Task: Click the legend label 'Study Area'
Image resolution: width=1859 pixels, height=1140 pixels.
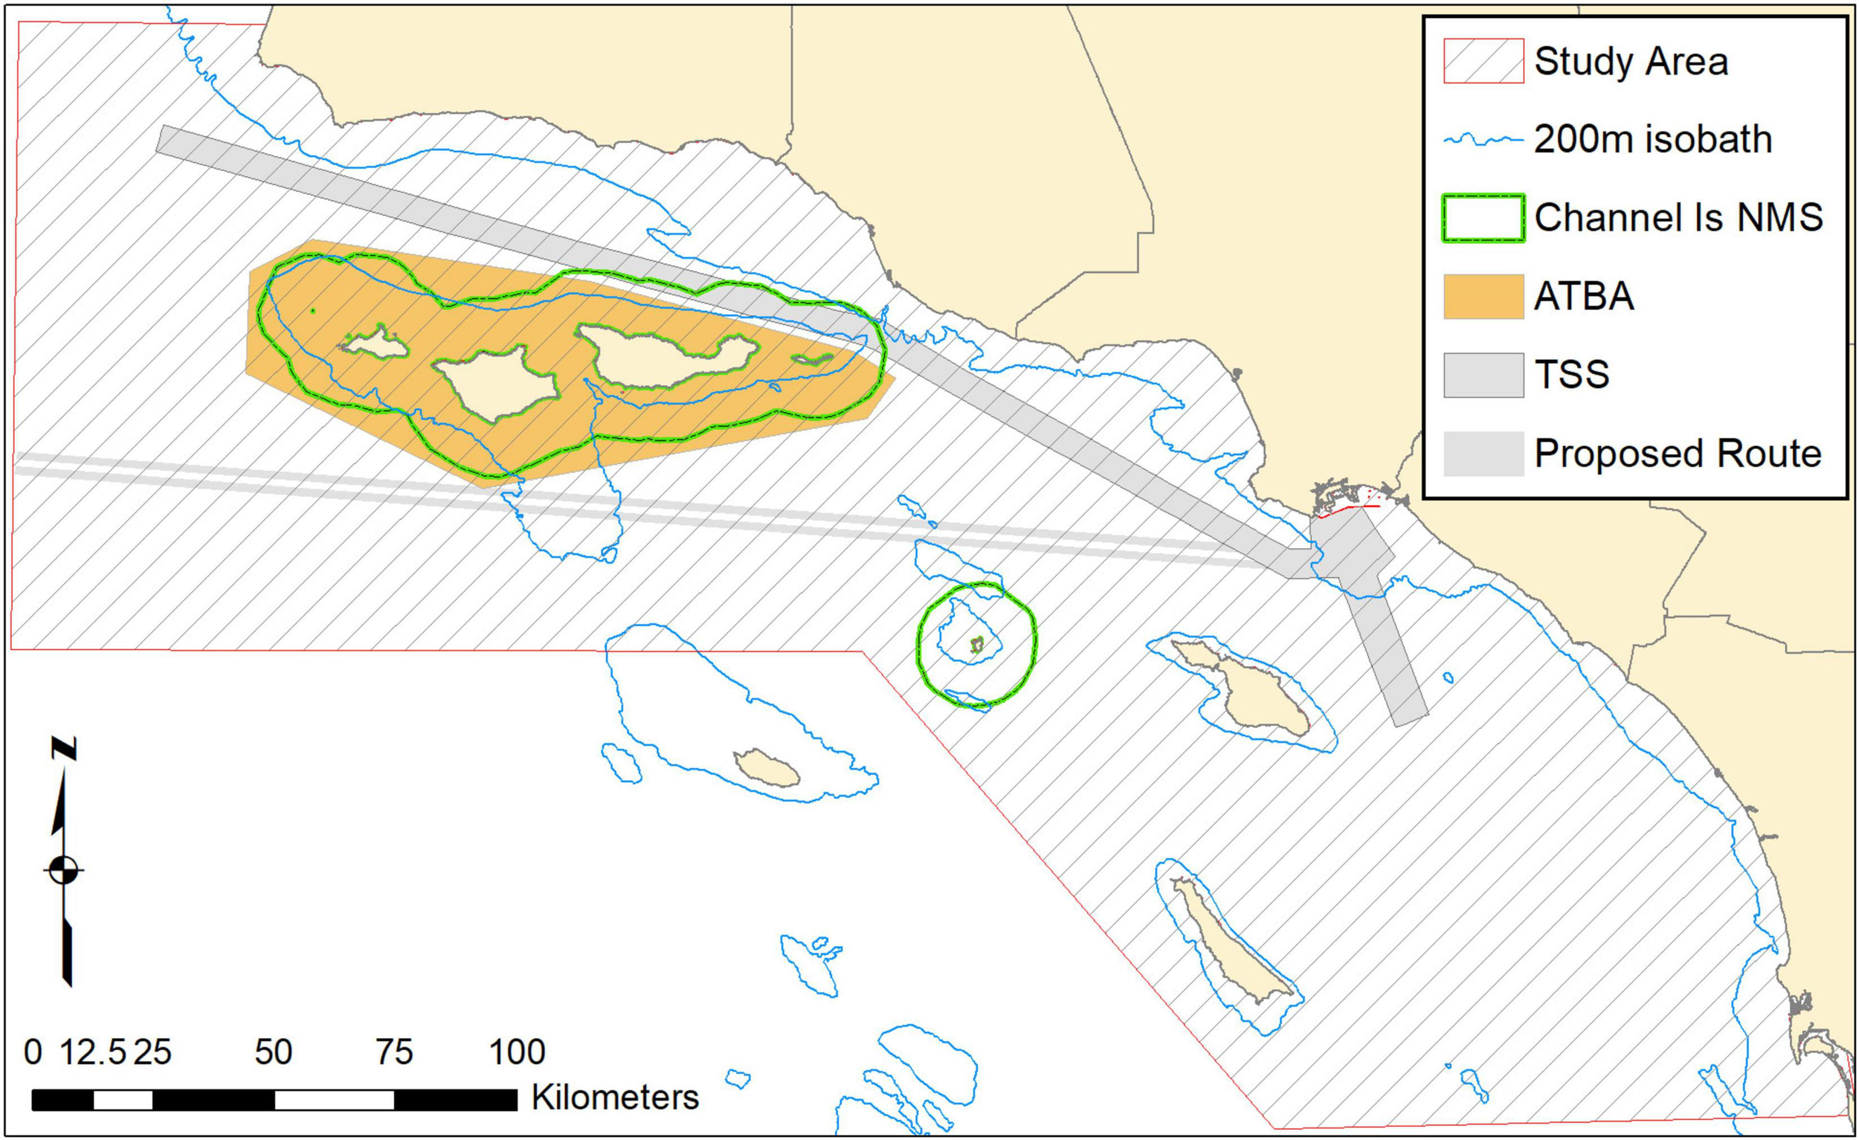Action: click(1631, 62)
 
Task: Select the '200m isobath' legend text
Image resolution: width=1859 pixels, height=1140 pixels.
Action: click(1652, 141)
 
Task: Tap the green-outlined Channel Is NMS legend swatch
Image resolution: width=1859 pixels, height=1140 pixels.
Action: click(1483, 219)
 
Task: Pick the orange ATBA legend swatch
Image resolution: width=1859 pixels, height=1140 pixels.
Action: click(1483, 297)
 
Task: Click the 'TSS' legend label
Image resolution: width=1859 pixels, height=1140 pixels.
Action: click(1571, 375)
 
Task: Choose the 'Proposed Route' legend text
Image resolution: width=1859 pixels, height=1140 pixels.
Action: click(1678, 454)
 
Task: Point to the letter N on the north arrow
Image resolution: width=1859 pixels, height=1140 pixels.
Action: click(64, 749)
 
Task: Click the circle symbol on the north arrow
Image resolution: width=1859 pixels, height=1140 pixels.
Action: click(64, 870)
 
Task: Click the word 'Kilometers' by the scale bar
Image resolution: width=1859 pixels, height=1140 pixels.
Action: click(615, 1098)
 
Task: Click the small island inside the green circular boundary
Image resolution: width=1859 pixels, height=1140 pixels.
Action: click(977, 644)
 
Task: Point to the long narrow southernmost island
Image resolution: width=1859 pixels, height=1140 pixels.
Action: click(1230, 947)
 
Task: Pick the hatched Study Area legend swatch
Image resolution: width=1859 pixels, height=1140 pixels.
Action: click(1483, 62)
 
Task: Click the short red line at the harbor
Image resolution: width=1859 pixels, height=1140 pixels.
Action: click(1350, 511)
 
